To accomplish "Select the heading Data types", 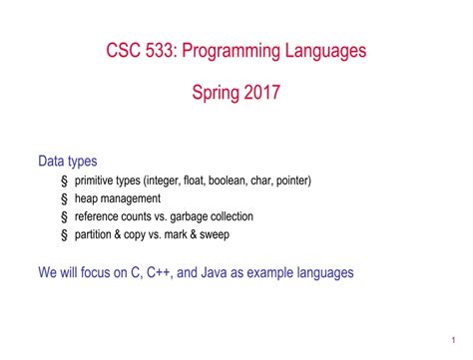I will coord(68,161).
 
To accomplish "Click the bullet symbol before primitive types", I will coord(64,180).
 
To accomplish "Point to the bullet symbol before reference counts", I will coord(64,216).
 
